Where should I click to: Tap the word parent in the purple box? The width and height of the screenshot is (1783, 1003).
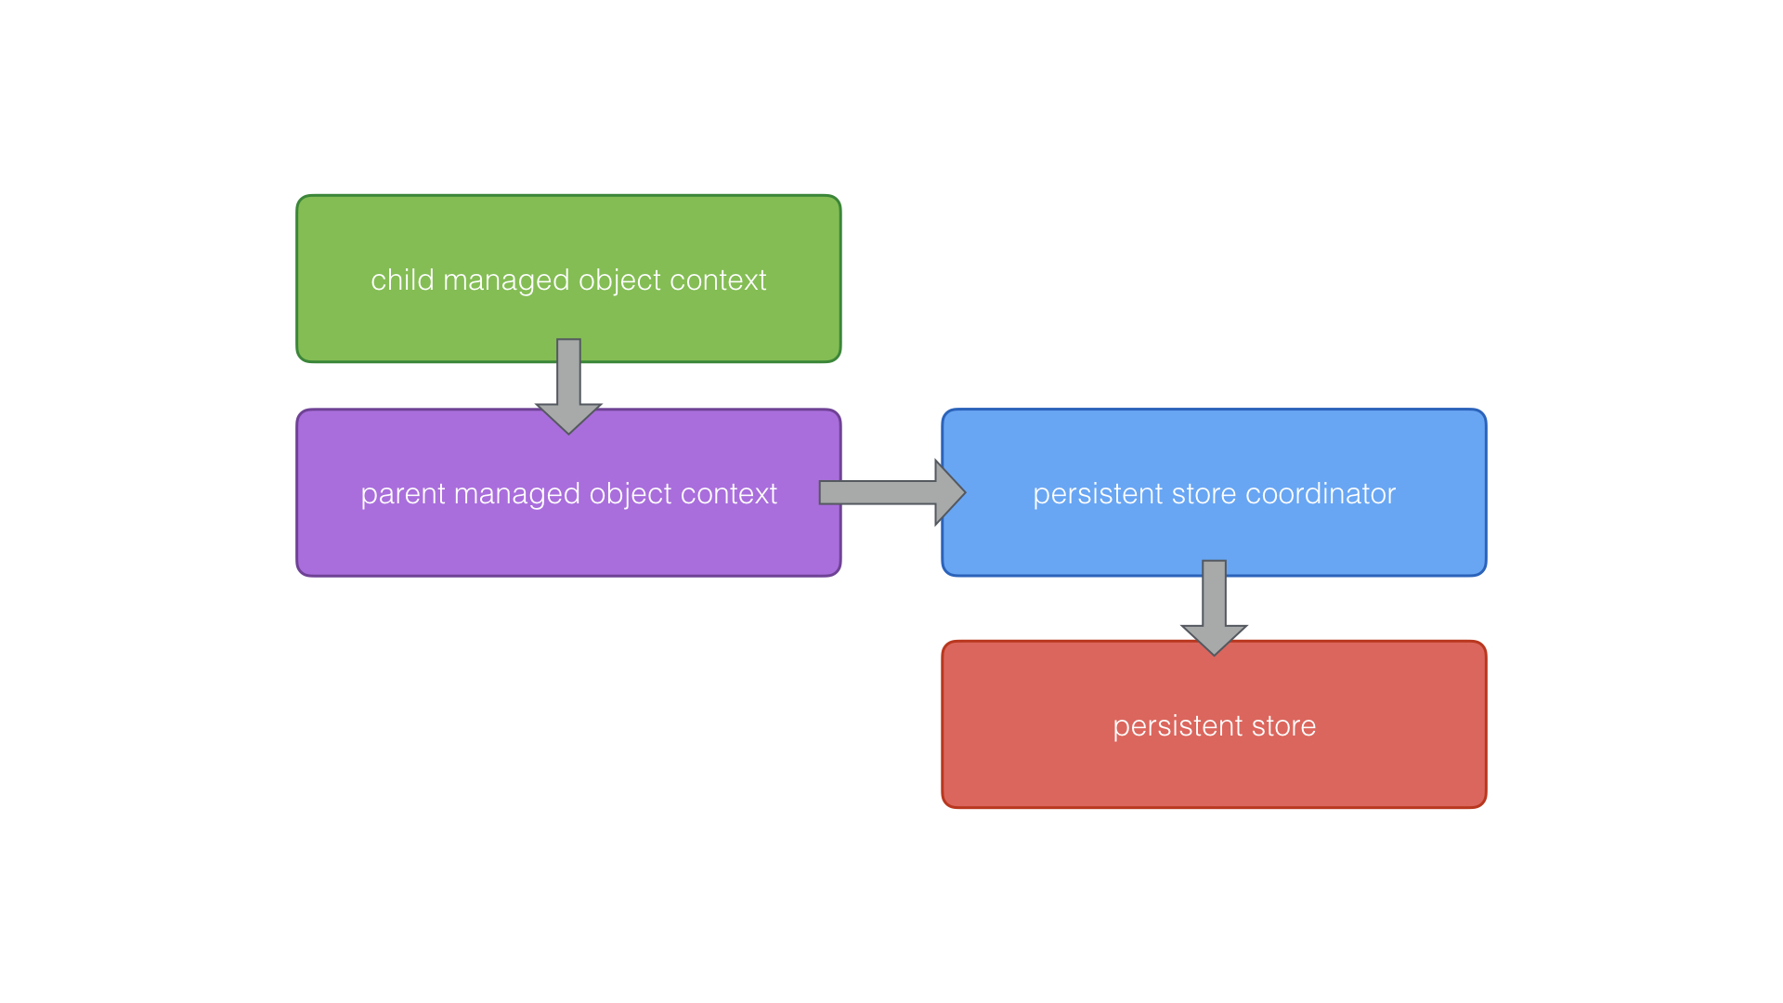[402, 494]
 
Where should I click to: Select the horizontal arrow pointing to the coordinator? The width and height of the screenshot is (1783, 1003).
[891, 493]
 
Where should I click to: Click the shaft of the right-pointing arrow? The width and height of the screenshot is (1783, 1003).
[877, 493]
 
